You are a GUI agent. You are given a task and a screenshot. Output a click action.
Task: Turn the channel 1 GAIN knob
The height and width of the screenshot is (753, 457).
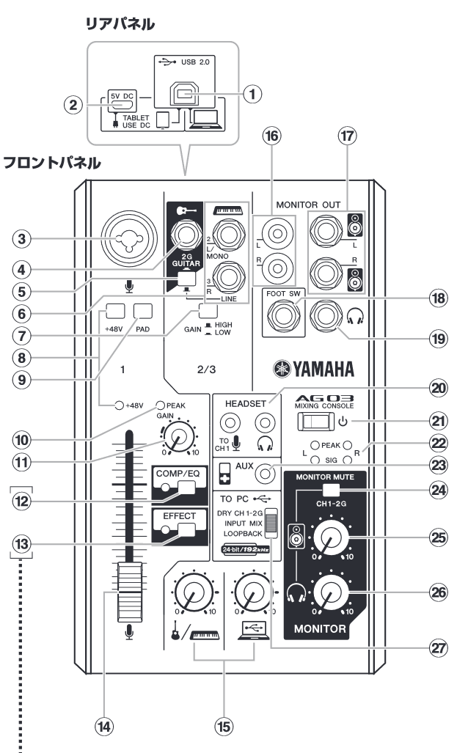[175, 438]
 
